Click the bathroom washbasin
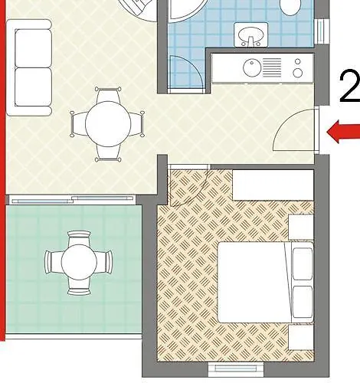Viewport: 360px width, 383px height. (250, 35)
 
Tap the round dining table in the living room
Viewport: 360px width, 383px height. (106, 124)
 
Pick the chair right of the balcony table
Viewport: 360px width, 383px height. (107, 262)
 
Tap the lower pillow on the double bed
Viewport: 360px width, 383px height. (303, 296)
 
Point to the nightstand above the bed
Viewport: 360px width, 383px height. (302, 227)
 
